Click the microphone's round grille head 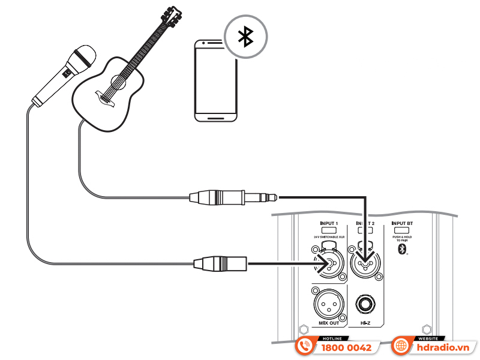click(x=83, y=57)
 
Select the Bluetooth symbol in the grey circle click(x=244, y=37)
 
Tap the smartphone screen click(x=216, y=78)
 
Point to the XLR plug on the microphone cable click(x=220, y=262)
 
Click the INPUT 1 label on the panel click(x=329, y=223)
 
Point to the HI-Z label click(x=365, y=324)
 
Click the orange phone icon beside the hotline click(x=305, y=347)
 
